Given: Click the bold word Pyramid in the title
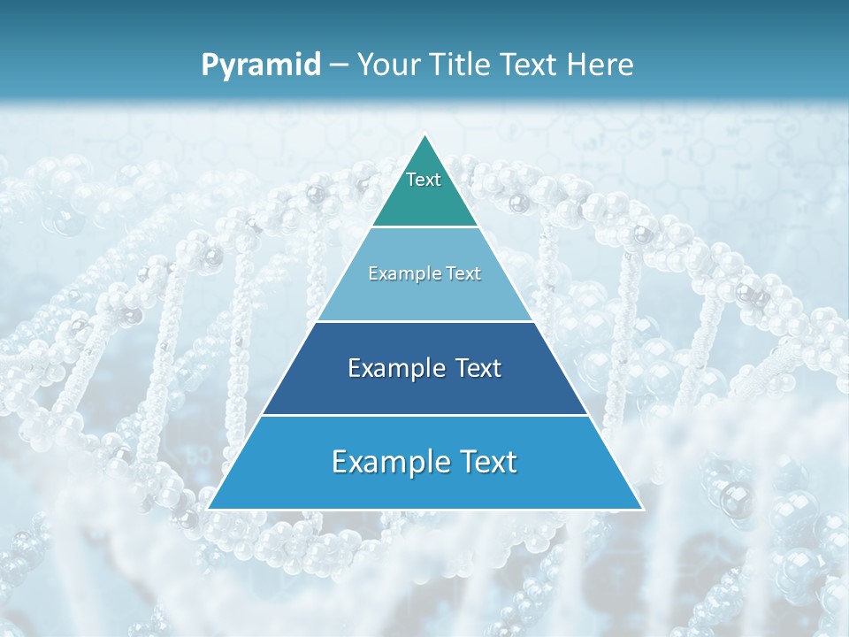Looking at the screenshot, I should [x=260, y=65].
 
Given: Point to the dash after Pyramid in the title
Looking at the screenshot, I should [x=339, y=65].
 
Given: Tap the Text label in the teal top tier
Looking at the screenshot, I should [x=424, y=180].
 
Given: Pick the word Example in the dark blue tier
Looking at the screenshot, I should [x=393, y=368].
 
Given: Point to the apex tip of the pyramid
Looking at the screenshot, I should [x=424, y=135].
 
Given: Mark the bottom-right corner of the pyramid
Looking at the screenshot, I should [x=641, y=509].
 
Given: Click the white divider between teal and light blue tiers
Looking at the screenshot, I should [x=424, y=227].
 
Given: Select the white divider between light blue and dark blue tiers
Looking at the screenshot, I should [x=424, y=321].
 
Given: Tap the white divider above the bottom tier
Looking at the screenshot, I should [x=424, y=415].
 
